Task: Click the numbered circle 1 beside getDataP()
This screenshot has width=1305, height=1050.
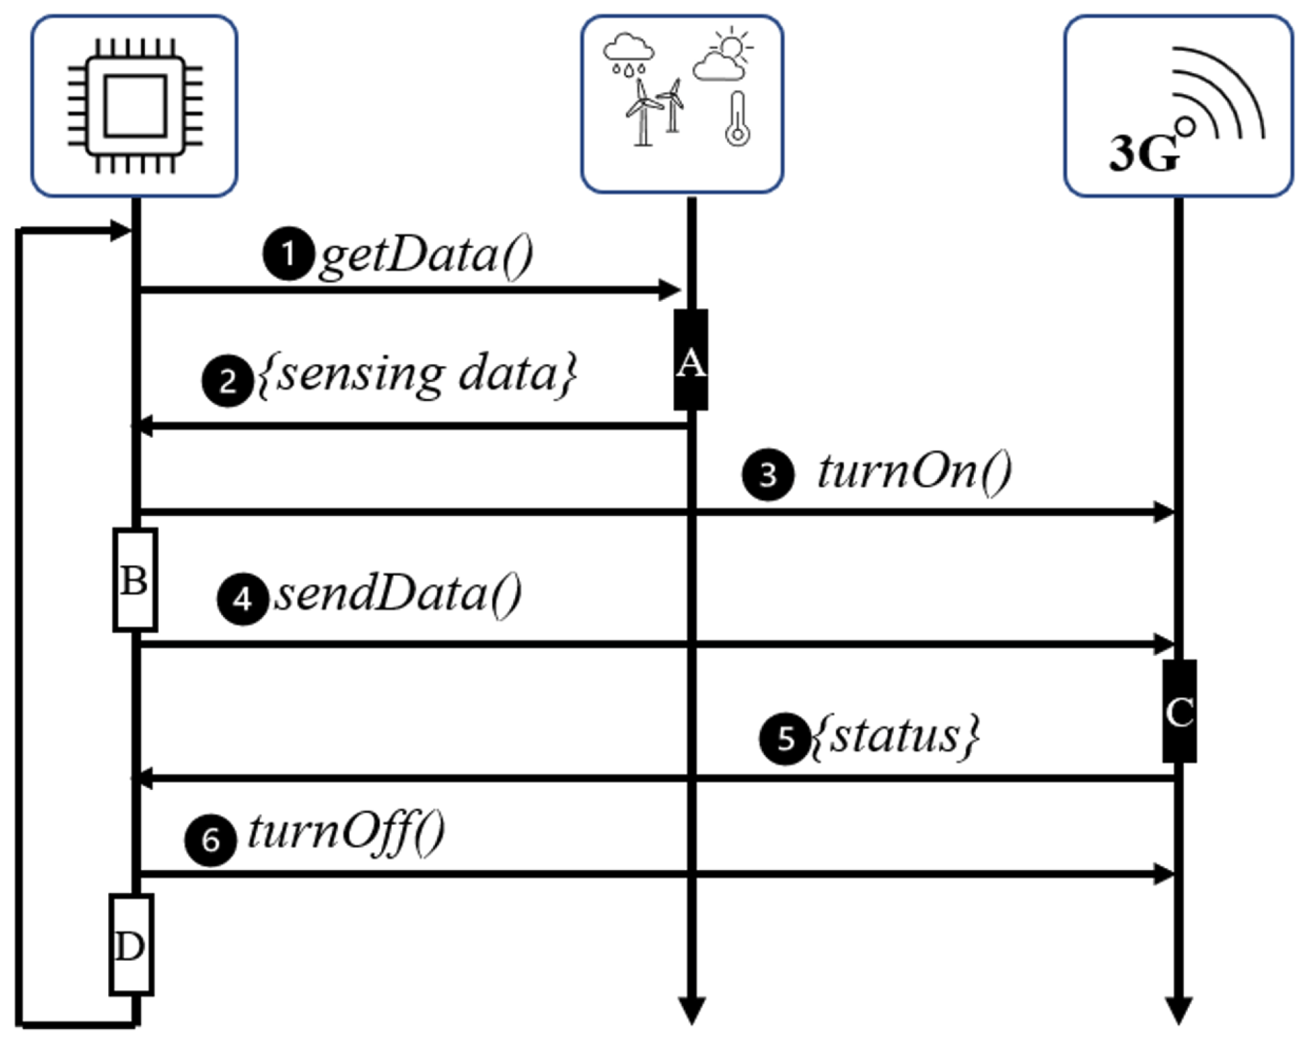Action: coord(287,254)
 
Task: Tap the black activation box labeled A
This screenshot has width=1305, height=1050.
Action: coord(690,360)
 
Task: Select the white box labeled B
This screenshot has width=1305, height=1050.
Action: coord(135,579)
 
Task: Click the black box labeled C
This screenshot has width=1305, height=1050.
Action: coord(1179,710)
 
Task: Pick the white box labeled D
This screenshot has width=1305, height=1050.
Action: coord(130,944)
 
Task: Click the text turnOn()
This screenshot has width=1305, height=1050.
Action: coord(914,472)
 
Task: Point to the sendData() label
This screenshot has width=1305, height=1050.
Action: coord(397,594)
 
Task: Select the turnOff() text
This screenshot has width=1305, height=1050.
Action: coord(346,832)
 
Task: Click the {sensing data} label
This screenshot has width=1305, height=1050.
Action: coord(417,374)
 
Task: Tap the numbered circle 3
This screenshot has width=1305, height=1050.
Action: coord(768,475)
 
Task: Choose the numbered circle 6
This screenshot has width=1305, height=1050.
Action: coord(211,840)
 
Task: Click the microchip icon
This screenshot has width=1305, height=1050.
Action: coord(135,106)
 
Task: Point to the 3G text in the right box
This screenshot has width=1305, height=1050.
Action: coord(1143,153)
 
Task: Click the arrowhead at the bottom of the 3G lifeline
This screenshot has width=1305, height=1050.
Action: coord(1178,1010)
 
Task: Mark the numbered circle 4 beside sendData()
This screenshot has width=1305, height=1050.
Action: coord(243,599)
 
